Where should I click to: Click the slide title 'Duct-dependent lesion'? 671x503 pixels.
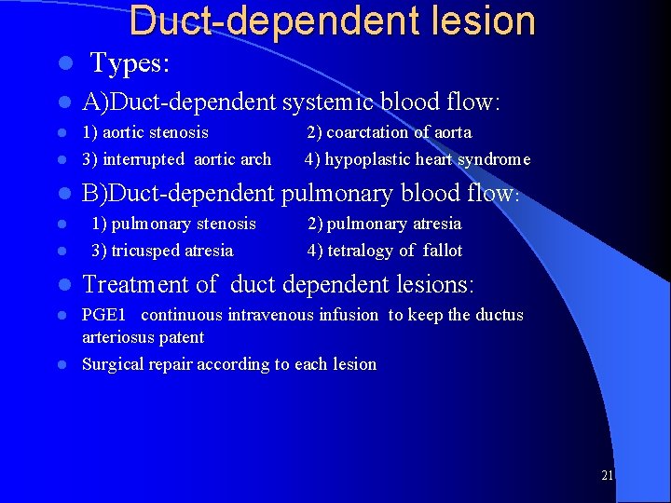pyautogui.click(x=333, y=20)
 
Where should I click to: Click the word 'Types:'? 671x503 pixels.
pyautogui.click(x=129, y=64)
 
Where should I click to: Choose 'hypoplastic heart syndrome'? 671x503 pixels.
pyautogui.click(x=428, y=159)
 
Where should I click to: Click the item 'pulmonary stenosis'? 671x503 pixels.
pyautogui.click(x=183, y=223)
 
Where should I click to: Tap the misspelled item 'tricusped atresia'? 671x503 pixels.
pyautogui.click(x=172, y=250)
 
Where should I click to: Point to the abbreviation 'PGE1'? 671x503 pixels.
pyautogui.click(x=104, y=315)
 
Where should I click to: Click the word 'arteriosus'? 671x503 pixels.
pyautogui.click(x=120, y=336)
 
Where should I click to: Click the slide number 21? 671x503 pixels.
pyautogui.click(x=607, y=475)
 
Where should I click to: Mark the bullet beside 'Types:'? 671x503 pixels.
pyautogui.click(x=63, y=65)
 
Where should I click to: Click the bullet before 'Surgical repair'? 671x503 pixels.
pyautogui.click(x=63, y=365)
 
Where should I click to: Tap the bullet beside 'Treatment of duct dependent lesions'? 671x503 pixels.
pyautogui.click(x=63, y=284)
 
